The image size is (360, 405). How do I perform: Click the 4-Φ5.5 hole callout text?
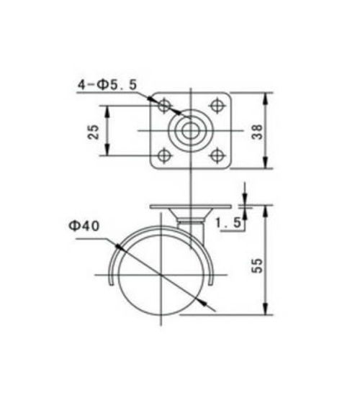[x=107, y=85]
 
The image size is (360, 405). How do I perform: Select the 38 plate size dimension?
[x=257, y=132]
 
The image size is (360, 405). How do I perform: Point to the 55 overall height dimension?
[x=257, y=265]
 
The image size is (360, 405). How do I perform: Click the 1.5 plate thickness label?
[x=228, y=223]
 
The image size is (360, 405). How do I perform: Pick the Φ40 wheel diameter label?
[x=84, y=226]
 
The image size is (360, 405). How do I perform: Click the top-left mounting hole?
[x=164, y=105]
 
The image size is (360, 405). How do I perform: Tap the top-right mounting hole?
[x=217, y=105]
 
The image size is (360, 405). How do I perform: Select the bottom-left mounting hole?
[x=164, y=156]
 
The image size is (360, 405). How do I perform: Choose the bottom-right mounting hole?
[x=217, y=156]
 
